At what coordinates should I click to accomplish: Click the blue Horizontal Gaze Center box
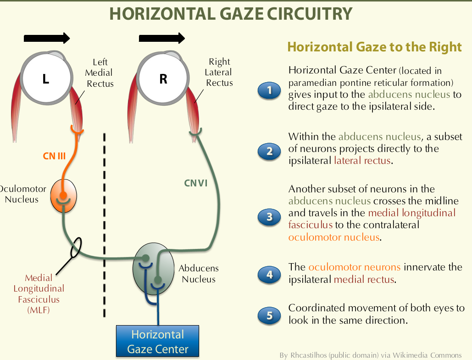(x=158, y=341)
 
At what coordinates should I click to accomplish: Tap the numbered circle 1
(x=269, y=91)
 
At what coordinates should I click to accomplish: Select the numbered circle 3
(x=269, y=216)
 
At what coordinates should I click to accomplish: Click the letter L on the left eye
(x=45, y=79)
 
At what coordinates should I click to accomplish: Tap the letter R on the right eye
(x=163, y=79)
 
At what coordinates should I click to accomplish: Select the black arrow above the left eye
(x=46, y=38)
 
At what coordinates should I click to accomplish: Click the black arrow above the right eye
(x=162, y=38)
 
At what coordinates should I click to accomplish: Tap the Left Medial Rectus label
(x=100, y=73)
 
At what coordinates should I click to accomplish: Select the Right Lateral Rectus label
(x=219, y=72)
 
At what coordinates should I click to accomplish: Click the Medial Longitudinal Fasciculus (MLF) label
(x=39, y=294)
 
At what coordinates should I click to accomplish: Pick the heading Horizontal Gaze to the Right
(x=374, y=47)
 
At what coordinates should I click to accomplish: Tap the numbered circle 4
(x=269, y=275)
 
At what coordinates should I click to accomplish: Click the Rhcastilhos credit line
(x=370, y=355)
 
